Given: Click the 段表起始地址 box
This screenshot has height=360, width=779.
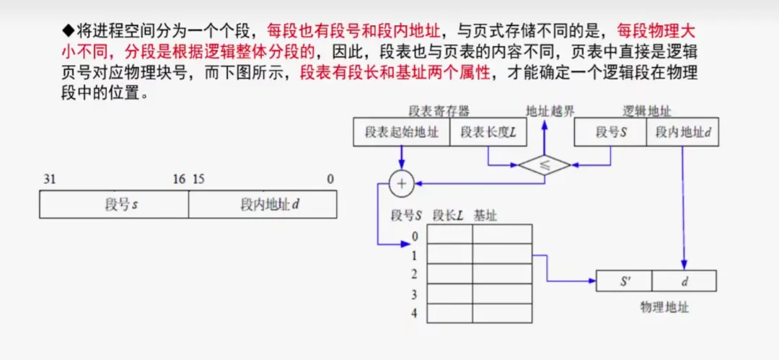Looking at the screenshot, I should point(401,132).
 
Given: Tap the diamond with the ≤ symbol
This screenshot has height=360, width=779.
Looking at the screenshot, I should point(544,164).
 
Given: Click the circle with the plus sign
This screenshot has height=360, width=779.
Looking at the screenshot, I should point(402,184).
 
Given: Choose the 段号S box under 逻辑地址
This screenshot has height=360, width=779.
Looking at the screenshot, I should point(610,132).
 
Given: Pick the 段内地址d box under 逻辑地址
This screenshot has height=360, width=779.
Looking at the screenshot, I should point(682,132).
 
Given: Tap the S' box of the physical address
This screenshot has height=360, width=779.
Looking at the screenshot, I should point(624,281).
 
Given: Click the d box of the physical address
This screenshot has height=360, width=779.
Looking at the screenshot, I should point(684,281).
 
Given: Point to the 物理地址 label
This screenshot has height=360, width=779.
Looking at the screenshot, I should point(664,307).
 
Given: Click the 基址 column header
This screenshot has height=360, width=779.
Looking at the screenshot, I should point(485,215).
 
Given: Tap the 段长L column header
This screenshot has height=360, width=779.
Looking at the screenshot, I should point(448,215).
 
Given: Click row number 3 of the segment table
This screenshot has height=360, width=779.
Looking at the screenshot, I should point(414,294).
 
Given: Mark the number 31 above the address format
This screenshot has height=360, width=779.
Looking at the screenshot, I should point(49,179).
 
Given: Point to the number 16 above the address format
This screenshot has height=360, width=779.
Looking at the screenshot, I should point(178,179).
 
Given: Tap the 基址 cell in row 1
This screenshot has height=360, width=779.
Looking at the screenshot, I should point(502,254).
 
